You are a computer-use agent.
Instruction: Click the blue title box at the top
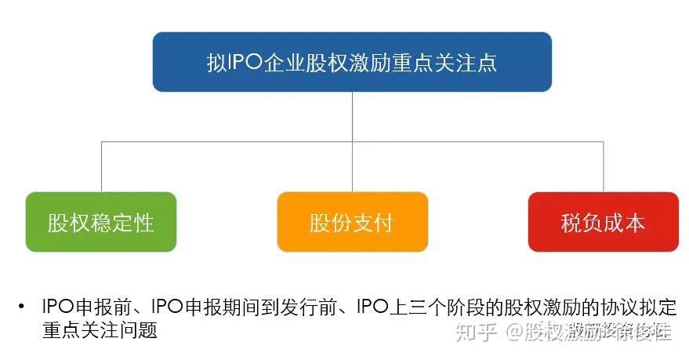[352, 62]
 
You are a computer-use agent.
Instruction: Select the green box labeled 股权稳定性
[100, 223]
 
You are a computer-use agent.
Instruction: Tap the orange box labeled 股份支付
[352, 223]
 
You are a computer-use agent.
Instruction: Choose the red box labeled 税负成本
[603, 223]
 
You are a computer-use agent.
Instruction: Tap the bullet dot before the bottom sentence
[20, 307]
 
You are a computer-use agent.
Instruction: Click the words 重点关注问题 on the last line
[100, 330]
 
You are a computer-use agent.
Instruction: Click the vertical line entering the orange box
[352, 169]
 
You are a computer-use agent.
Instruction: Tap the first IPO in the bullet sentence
[59, 307]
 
